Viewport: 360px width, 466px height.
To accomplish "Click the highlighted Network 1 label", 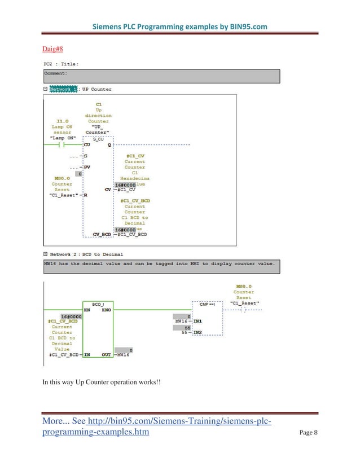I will tap(64, 89).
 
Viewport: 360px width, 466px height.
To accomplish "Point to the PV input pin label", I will tap(87, 167).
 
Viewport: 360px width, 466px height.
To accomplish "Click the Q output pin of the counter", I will tap(109, 145).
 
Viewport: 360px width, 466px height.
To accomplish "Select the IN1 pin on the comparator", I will tap(198, 322).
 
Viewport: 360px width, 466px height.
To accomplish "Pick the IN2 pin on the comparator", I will tap(198, 333).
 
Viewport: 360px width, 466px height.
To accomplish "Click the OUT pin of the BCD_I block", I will tap(106, 355).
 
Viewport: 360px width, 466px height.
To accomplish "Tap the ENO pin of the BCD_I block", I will tap(106, 310).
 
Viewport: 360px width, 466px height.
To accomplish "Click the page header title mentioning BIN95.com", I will tap(179, 27).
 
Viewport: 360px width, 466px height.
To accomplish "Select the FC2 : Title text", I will tap(61, 64).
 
